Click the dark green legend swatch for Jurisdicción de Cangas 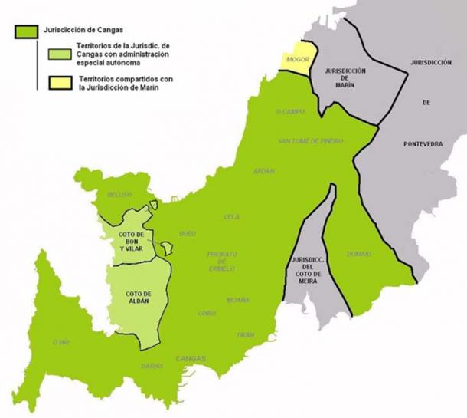click(x=24, y=31)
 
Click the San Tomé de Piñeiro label click(x=310, y=142)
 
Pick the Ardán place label click(x=263, y=171)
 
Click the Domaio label click(x=359, y=254)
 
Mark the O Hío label click(x=60, y=342)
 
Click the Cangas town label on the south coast click(x=190, y=358)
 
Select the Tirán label click(x=245, y=335)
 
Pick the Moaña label click(x=237, y=300)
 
